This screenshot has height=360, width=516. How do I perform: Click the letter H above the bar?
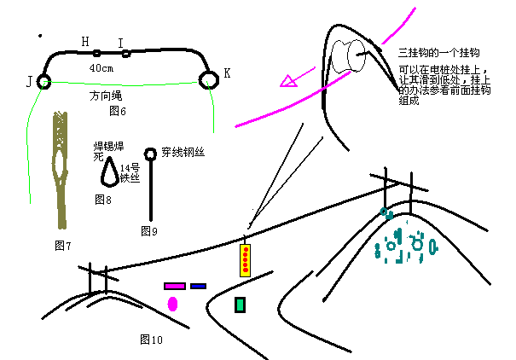coord(84,41)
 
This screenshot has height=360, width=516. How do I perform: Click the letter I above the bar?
coord(120,43)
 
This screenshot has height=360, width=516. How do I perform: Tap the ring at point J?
coord(44,82)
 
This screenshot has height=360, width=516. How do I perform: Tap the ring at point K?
coord(207,79)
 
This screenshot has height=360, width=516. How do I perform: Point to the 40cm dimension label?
coord(101,67)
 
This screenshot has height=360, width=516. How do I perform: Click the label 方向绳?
coord(105,97)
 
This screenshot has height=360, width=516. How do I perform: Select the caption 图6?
coord(118,112)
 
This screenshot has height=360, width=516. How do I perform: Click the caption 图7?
coord(62,246)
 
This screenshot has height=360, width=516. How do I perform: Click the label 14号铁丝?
coord(130,173)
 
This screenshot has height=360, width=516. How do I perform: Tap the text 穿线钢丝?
coord(183,154)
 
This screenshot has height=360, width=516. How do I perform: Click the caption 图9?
coord(149,230)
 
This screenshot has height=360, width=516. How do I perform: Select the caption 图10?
coord(151,340)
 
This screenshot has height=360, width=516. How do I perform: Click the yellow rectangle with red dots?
coord(246,260)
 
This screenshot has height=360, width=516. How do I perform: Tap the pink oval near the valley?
coord(173,304)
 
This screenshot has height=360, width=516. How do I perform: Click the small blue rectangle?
coord(198,287)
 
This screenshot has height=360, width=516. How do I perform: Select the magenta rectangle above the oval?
coord(175,287)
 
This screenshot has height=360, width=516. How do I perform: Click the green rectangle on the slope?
coord(241,305)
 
